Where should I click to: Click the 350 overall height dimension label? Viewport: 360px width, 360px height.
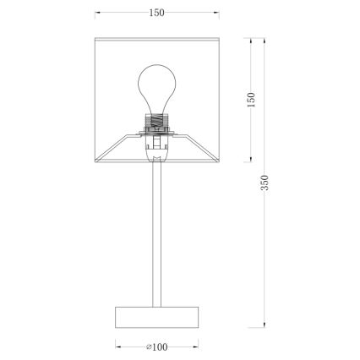click(265, 183)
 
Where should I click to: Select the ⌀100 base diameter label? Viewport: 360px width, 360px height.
click(157, 347)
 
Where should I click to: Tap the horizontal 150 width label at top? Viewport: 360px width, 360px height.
click(156, 13)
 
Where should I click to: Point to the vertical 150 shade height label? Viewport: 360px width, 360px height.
click(251, 100)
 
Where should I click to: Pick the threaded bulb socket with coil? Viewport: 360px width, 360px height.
click(157, 121)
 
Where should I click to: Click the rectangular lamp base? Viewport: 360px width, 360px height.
click(157, 317)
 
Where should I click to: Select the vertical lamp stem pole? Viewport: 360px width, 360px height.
click(157, 234)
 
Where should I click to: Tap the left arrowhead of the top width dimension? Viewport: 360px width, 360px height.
click(97, 13)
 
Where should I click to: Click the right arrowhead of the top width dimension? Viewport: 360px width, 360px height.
click(216, 13)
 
